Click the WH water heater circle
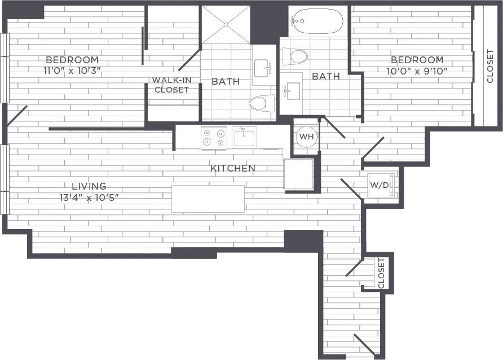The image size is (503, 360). tap(306, 137)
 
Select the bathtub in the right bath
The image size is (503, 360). tap(317, 21)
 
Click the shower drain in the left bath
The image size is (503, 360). tap(226, 24)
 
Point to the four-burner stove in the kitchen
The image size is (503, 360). tap(214, 138)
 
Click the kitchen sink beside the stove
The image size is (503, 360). tap(245, 137)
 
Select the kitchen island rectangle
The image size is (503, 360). tap(208, 199)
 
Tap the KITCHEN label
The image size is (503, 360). tap(232, 168)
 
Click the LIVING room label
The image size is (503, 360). tap(89, 186)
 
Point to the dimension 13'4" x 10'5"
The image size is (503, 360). tap(89, 197)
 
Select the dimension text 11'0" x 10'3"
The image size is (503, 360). tap(72, 71)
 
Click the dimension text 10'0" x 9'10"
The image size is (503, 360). tap(417, 71)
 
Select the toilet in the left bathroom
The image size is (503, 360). tap(261, 103)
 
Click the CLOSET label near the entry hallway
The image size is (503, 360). tap(381, 273)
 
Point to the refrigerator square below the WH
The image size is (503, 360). tap(298, 174)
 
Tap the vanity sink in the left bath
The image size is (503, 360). tap(262, 69)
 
